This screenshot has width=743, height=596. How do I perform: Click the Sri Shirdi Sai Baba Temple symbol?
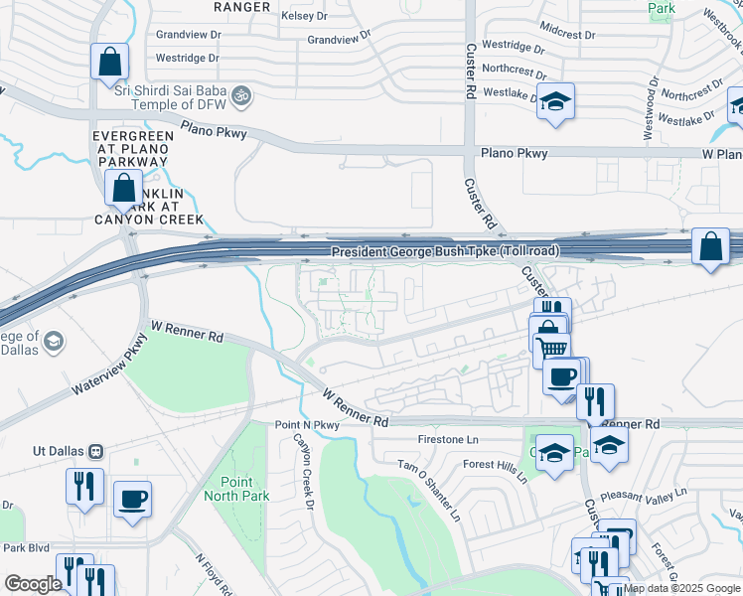[x=239, y=96]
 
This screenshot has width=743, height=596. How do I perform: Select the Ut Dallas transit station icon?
[x=96, y=450]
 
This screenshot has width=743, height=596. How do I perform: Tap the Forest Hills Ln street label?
[x=494, y=469]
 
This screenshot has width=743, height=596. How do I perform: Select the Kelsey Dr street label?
[x=304, y=17]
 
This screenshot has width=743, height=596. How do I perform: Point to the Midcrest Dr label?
[x=567, y=34]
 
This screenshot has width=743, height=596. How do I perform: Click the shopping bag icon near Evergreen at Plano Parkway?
[x=123, y=188]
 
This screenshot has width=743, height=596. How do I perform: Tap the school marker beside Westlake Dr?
[x=555, y=101]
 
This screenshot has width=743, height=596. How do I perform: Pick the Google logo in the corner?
[x=33, y=584]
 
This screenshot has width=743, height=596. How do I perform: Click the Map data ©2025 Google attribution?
[x=681, y=588]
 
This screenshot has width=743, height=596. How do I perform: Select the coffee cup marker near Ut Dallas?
[x=131, y=499]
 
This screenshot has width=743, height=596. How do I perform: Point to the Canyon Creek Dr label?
[x=302, y=470]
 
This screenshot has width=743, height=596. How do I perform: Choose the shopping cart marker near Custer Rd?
[x=551, y=349]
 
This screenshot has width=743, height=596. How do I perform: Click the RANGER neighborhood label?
[x=242, y=7]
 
